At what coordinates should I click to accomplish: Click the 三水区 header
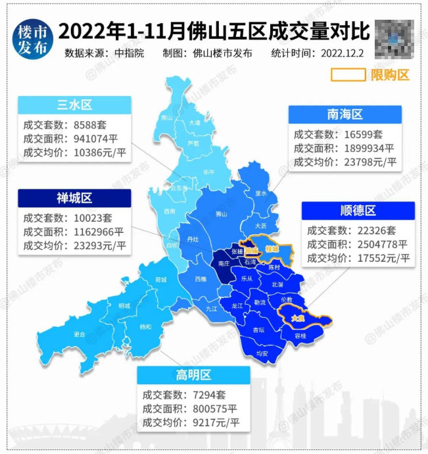pos(74,105)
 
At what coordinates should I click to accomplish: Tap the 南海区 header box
pos(345,114)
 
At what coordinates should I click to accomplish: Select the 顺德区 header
pos(358,211)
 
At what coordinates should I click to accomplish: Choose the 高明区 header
pos(193,375)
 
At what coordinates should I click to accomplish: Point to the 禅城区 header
pos(74,197)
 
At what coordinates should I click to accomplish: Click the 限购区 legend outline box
pos(347,74)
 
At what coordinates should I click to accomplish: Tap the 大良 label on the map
pos(298,318)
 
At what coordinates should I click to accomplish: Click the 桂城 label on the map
pos(272,249)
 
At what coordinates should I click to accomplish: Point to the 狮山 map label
pos(221,214)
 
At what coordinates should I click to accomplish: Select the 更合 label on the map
pos(80,334)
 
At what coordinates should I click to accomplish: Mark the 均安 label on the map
pos(262,353)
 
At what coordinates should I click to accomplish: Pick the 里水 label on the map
pos(260,193)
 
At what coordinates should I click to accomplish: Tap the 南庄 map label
pos(224,263)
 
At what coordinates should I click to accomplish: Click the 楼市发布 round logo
pos(32,39)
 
